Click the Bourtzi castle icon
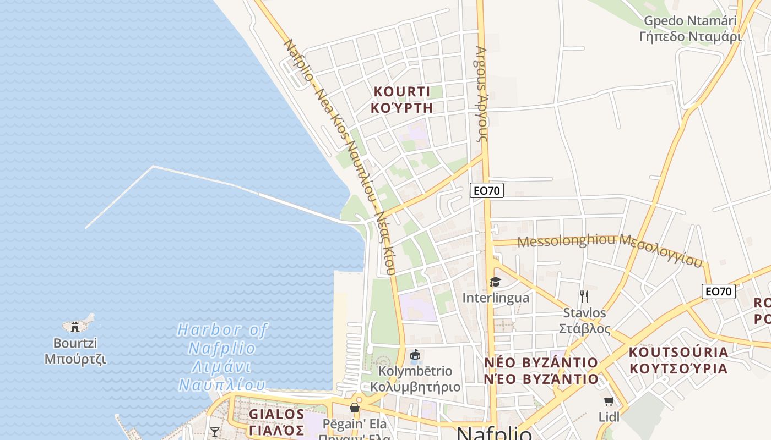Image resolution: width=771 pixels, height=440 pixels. pos(75,326)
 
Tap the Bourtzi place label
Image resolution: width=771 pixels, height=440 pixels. pos(75,351)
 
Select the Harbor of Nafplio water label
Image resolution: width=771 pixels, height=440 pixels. pos(222,358)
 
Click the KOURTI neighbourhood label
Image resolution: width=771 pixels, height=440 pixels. pos(401,99)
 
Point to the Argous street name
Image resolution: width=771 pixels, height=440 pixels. pos(481,94)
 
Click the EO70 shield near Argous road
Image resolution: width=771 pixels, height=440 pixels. pos(487,191)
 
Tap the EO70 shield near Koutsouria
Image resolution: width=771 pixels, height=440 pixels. pos(719,291)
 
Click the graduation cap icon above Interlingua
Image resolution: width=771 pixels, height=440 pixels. pos(495,282)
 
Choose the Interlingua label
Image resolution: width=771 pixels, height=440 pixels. pos(496,298)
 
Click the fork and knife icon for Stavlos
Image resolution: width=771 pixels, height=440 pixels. pos(584,296)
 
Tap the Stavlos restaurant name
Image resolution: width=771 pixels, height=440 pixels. pos(584,321)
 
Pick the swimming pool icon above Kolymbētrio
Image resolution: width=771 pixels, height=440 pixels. pos(415,356)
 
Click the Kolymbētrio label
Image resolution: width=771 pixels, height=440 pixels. pos(415,379)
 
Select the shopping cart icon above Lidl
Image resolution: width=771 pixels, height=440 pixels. pos(609,402)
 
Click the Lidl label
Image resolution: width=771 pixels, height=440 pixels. pos(609,417)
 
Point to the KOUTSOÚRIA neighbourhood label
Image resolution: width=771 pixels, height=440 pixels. pos(678,360)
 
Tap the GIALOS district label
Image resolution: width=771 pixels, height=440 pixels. pos(276,422)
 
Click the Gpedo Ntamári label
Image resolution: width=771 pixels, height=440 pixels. pos(690,29)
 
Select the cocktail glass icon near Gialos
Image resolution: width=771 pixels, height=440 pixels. pos(215,432)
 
